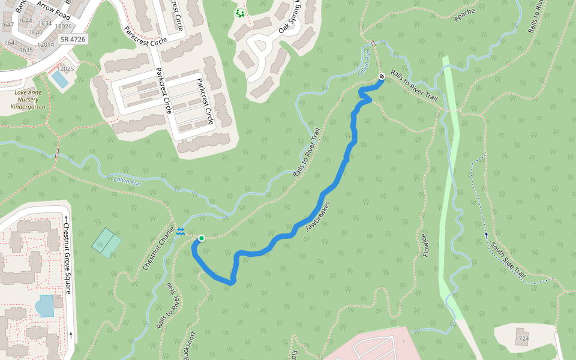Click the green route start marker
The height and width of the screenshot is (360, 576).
(x=202, y=238)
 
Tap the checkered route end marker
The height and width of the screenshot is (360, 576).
(x=382, y=76)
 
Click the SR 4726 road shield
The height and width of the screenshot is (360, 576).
(x=73, y=39)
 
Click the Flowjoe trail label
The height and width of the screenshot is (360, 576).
(x=425, y=245)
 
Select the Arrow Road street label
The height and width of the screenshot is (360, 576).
(x=53, y=11)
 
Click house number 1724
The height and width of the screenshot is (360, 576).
(x=522, y=339)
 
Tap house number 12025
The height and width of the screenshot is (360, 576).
(x=66, y=69)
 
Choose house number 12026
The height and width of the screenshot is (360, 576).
(x=63, y=26)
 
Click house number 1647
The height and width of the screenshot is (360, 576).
(x=7, y=25)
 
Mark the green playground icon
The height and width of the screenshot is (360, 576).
(x=240, y=13)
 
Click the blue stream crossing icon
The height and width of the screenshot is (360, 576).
(x=181, y=232)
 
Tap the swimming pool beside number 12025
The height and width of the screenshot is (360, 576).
(x=59, y=79)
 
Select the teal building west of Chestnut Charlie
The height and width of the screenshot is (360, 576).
(x=106, y=242)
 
